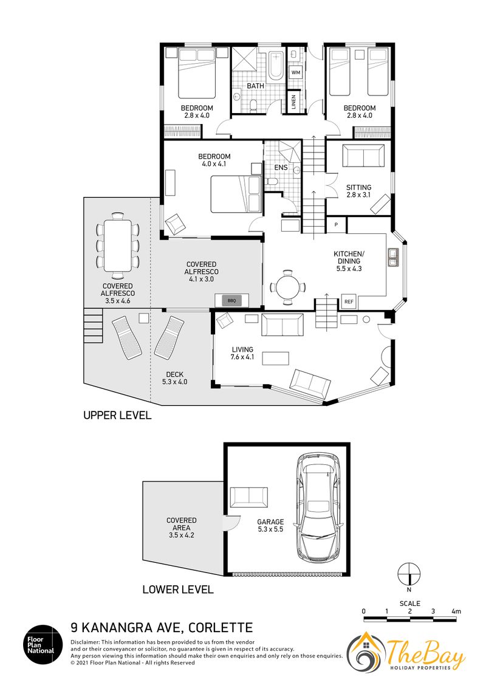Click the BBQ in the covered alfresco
pos(231,301)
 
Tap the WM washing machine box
pos(296,72)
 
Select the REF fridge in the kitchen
pos(349,301)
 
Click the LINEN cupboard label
pos(293,101)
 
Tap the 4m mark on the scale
pos(456,611)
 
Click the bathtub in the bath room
pos(275,66)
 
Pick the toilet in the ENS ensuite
pos(271,182)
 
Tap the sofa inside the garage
pos(248,497)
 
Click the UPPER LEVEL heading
pos(117,415)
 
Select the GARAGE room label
pos(270,521)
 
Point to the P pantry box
pos(337,225)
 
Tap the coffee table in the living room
pos(275,358)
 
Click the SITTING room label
pos(359,187)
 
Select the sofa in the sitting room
pos(363,156)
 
